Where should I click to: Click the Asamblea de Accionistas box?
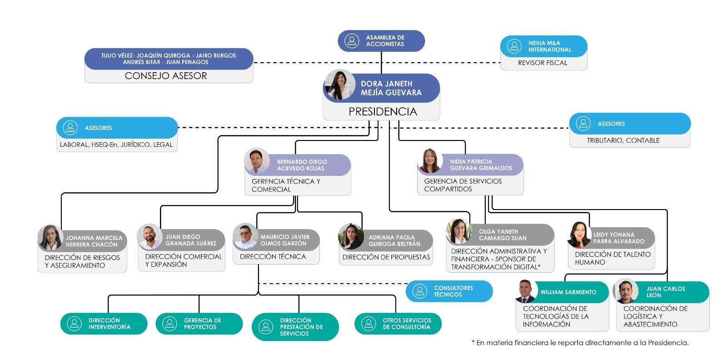tap(381, 41)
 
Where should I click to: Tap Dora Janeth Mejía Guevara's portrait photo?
tap(339, 85)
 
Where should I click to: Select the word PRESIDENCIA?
tap(383, 111)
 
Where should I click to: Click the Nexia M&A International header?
tap(543, 46)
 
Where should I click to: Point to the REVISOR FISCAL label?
tap(543, 63)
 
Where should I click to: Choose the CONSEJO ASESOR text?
tap(166, 76)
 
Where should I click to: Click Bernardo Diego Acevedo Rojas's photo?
tap(257, 160)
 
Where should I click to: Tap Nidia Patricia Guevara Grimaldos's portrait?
tap(430, 160)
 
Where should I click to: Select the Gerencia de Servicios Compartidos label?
tap(463, 185)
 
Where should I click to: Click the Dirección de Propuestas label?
tap(386, 257)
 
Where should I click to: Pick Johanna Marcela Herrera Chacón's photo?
tap(50, 237)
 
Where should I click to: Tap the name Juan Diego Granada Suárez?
tap(190, 240)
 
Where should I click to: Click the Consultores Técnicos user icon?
tap(420, 291)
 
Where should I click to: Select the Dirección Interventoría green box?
tap(104, 324)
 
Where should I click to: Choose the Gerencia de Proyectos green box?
tap(199, 324)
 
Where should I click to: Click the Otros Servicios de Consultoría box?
tap(398, 324)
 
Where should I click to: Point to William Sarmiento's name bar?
tap(568, 292)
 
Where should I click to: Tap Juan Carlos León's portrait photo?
tap(626, 291)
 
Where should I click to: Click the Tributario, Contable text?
tap(623, 140)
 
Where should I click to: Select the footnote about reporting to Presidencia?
tap(580, 343)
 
